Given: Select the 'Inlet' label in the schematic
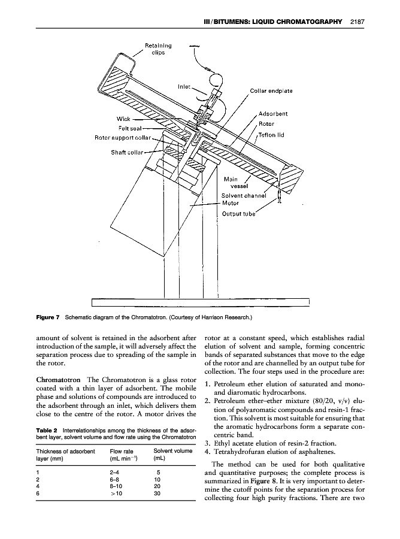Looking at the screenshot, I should click(184, 86).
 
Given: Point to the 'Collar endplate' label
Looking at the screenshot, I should click(271, 91).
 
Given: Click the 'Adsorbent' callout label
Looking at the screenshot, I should click(273, 113).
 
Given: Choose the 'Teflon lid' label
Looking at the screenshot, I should click(271, 135).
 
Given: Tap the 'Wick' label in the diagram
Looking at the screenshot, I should click(123, 118).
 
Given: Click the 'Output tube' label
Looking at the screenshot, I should click(238, 213).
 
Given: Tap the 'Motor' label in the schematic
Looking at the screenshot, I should click(231, 204).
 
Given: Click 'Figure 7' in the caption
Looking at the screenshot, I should click(47, 315).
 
